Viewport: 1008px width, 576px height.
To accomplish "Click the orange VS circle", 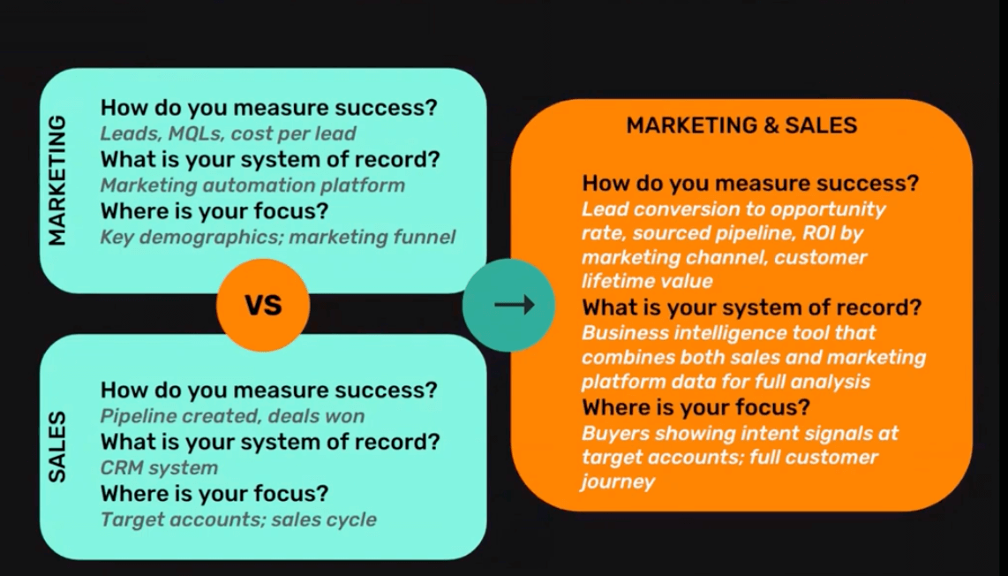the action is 263,305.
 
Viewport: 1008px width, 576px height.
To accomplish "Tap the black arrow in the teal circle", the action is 515,305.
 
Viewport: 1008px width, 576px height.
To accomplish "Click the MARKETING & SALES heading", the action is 741,125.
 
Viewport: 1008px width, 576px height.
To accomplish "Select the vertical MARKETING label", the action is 57,180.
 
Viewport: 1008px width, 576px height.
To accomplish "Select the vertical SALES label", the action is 57,447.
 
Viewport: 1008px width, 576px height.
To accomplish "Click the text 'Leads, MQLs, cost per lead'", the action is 228,133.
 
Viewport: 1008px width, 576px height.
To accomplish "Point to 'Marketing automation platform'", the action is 252,186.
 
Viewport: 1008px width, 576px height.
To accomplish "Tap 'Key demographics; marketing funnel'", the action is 278,237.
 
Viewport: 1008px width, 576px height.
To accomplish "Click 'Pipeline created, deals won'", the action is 232,416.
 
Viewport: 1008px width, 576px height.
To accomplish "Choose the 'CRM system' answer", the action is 159,468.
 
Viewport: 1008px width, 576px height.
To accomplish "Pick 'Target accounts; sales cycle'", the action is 238,519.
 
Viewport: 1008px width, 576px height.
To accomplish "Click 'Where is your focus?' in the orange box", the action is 696,407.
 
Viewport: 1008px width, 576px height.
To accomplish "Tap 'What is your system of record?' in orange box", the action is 751,307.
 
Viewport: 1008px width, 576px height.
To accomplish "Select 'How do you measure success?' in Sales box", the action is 268,390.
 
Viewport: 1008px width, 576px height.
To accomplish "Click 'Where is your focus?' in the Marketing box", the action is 214,210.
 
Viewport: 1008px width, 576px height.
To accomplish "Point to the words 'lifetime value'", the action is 647,281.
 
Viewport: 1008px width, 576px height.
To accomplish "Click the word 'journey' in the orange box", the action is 618,481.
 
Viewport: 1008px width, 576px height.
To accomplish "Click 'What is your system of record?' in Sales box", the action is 270,442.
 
